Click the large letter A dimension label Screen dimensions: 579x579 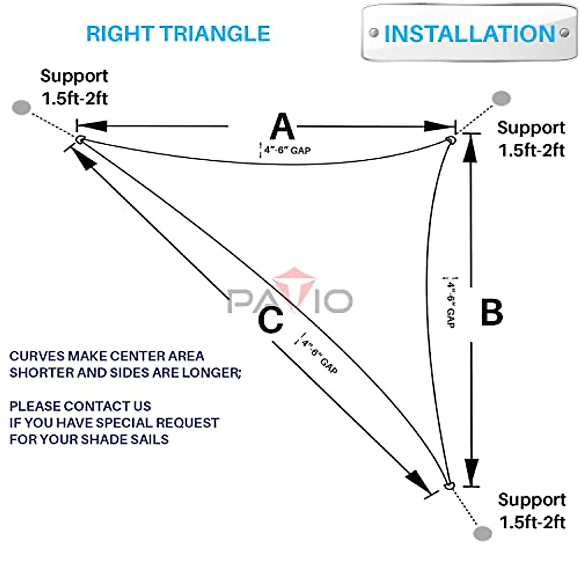pos(282,127)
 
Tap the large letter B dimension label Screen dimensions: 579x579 pos(492,312)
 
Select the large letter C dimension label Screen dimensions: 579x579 pos(270,320)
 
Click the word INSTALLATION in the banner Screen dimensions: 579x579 pos(469,34)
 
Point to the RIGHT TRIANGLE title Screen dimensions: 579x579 pos(178,34)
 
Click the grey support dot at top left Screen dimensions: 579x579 pos(21,107)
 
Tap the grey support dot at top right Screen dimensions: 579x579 pos(501,98)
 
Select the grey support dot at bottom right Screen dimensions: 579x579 pos(482,533)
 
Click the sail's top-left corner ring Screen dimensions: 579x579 pos(80,140)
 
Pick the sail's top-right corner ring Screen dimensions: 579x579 pos(451,140)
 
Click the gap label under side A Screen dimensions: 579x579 pos(287,151)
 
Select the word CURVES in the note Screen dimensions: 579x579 pos(37,357)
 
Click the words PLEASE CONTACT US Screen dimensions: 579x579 pos(80,406)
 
